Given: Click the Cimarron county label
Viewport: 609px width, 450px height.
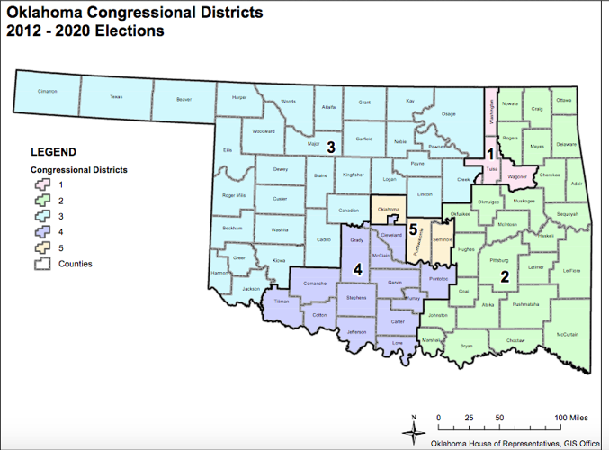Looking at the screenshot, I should pyautogui.click(x=48, y=92).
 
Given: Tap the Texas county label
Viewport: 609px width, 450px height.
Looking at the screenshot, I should pyautogui.click(x=116, y=95).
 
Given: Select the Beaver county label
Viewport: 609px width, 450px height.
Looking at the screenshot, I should pyautogui.click(x=184, y=99).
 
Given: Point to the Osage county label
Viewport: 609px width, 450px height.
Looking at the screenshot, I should pyautogui.click(x=448, y=114).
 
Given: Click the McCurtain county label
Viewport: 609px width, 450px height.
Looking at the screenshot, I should pyautogui.click(x=567, y=335).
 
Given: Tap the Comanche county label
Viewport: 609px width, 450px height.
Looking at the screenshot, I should pyautogui.click(x=314, y=283).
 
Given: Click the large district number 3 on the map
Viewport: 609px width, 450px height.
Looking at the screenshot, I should pyautogui.click(x=331, y=147).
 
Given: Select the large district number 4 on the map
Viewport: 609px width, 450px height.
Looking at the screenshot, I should pyautogui.click(x=357, y=268).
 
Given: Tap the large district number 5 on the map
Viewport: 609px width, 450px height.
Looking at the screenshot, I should pyautogui.click(x=413, y=230).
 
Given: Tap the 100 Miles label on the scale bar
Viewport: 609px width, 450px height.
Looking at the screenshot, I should pyautogui.click(x=572, y=418).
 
